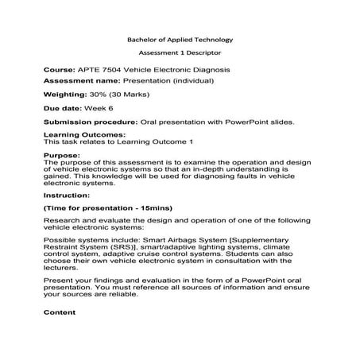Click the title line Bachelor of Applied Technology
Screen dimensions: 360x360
coord(180,39)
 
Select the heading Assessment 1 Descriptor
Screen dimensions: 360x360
coord(180,54)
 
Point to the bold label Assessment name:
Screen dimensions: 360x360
coord(81,81)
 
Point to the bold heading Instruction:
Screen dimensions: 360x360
coord(66,194)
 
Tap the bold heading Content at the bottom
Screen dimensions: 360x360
coord(60,312)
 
